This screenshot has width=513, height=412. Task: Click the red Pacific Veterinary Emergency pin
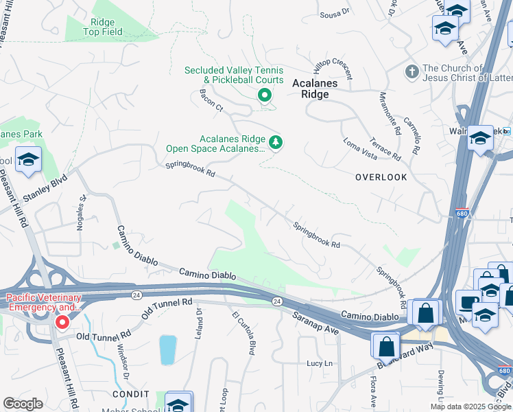coord(62,321)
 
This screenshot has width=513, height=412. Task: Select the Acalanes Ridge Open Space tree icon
coord(276,142)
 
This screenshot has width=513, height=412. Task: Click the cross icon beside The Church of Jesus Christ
coord(411,71)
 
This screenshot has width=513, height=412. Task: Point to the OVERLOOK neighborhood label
coord(381,177)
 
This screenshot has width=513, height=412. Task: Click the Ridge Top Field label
coord(103,27)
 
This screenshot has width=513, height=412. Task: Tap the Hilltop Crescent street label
coord(333,67)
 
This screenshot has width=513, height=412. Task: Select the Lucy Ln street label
coord(320,363)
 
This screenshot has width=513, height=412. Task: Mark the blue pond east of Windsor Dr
coord(167,350)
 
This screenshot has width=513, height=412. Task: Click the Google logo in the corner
coord(23,404)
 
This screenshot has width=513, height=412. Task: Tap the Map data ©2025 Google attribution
coord(471,407)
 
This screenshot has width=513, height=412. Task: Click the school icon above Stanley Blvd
coord(28,161)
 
